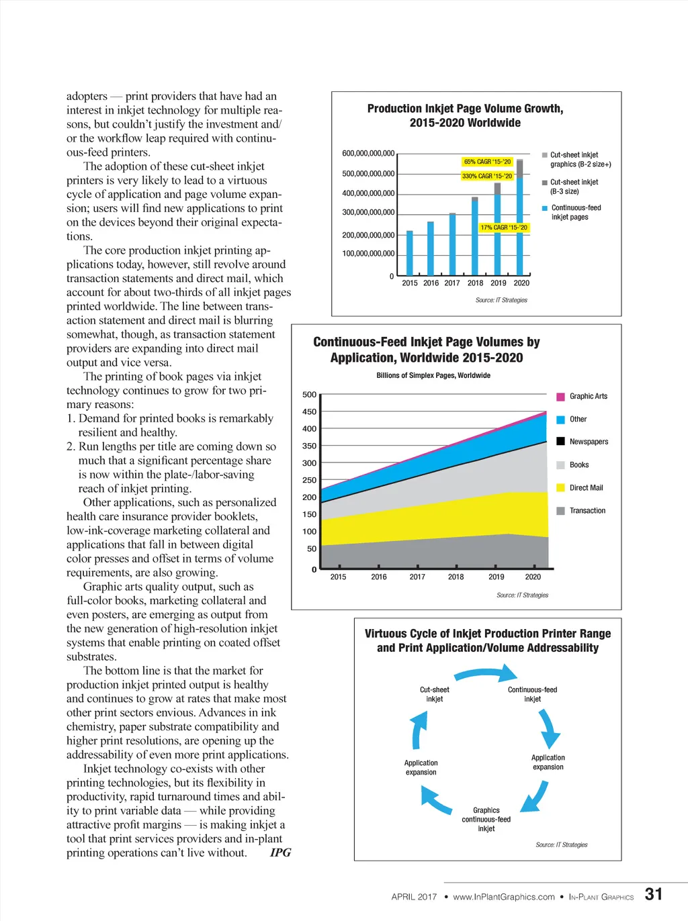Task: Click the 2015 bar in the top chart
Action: (x=410, y=253)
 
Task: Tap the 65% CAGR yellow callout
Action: (x=488, y=162)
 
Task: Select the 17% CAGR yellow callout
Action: (x=504, y=228)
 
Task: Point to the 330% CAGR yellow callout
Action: (x=487, y=176)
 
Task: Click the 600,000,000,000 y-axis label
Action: (x=368, y=154)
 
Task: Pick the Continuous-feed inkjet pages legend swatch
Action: (x=545, y=208)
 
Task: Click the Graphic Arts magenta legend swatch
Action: (x=560, y=397)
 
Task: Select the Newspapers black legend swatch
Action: (x=560, y=442)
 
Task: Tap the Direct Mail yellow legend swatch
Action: (x=560, y=488)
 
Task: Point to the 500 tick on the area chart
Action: (x=309, y=395)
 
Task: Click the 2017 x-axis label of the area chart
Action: (x=417, y=577)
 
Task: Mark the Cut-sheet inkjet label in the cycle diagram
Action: (x=435, y=694)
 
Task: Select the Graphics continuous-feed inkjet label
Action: (x=486, y=820)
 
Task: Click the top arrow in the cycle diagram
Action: (x=486, y=673)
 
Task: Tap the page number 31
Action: (x=653, y=894)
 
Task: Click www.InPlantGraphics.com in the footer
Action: (x=504, y=897)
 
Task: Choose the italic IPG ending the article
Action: (x=280, y=853)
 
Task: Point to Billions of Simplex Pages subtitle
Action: (x=433, y=375)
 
